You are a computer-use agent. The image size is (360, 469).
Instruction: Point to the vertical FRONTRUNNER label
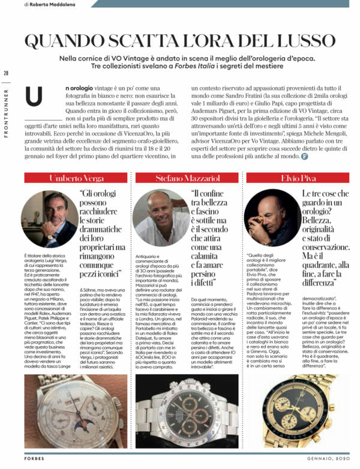[x=6, y=114]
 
